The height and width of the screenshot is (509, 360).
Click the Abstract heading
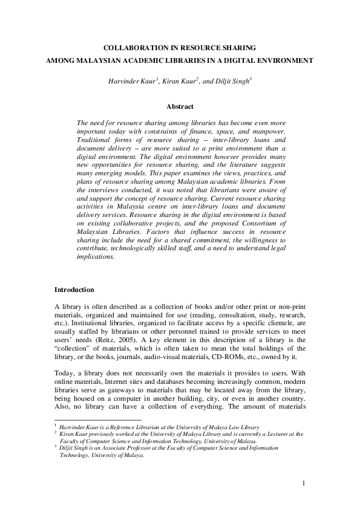(x=180, y=106)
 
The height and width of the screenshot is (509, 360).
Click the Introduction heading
(x=74, y=290)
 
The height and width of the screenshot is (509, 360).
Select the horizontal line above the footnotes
(x=97, y=420)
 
